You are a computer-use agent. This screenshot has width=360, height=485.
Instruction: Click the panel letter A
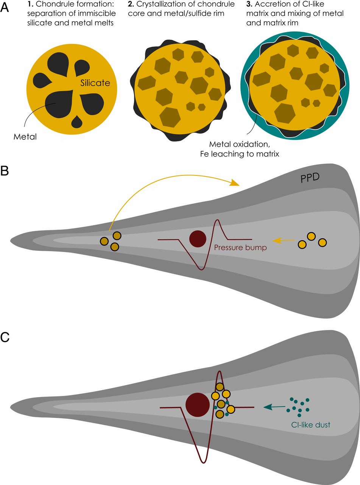(x=5, y=9)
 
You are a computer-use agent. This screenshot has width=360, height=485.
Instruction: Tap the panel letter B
(x=5, y=171)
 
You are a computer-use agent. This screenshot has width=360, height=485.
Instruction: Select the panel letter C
(x=5, y=337)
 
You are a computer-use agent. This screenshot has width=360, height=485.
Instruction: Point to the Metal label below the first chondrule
(x=25, y=137)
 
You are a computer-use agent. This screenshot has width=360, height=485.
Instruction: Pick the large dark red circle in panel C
(x=198, y=404)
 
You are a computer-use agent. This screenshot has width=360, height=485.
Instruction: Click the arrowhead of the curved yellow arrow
(x=235, y=183)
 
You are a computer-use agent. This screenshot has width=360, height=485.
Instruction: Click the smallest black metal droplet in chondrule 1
(x=77, y=121)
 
